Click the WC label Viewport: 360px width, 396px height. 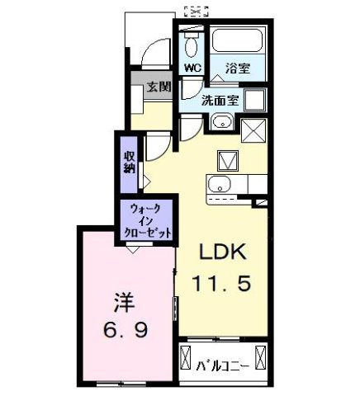pos(192,68)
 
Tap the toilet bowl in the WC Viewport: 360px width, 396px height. pos(191,44)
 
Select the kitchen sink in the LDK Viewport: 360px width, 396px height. pos(220,184)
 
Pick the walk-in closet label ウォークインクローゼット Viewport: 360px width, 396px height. pos(148,220)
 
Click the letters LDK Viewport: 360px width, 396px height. pos(220,252)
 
